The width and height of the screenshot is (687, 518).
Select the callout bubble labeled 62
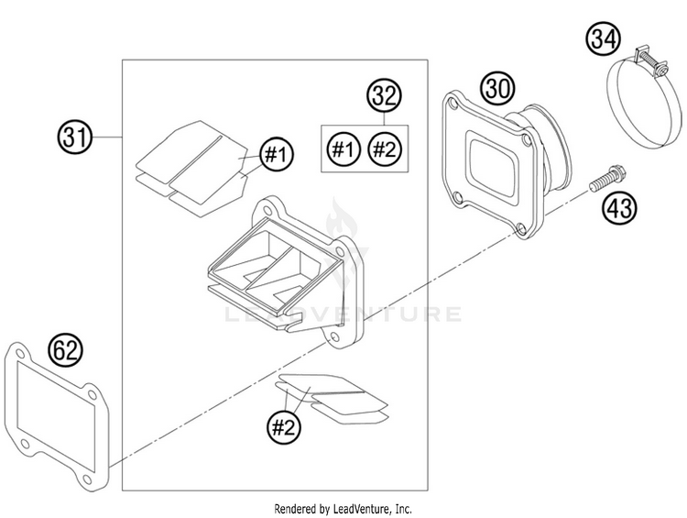click(67, 349)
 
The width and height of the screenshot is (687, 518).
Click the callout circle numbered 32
click(386, 94)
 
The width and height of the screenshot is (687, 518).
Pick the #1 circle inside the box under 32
click(343, 149)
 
